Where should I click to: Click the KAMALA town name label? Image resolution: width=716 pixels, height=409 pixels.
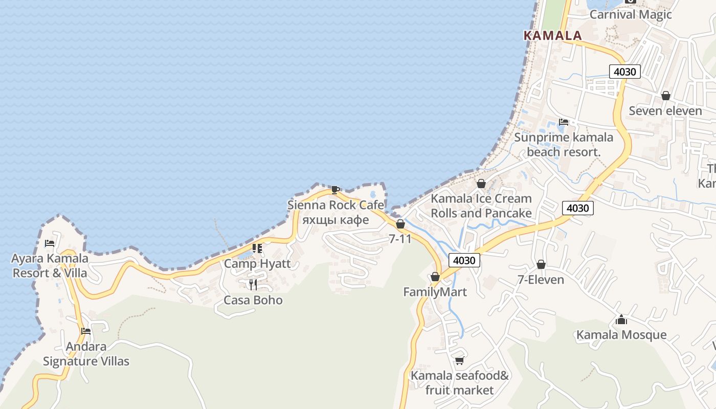552,35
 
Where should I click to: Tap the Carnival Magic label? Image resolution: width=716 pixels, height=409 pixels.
630,14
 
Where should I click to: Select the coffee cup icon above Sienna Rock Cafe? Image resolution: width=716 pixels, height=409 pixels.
335,190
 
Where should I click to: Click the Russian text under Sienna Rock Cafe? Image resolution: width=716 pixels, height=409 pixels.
335,220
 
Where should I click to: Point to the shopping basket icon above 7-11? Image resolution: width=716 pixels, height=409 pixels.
400,224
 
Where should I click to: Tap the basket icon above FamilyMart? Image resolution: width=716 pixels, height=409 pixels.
435,277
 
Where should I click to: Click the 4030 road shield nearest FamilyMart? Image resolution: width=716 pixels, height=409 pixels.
464,260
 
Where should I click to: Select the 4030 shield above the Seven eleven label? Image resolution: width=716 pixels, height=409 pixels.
624,72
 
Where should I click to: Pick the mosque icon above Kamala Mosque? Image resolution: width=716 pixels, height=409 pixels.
621,320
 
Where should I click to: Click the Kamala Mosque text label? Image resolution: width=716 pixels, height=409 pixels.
621,335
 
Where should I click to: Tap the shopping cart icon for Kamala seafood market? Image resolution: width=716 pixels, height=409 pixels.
459,361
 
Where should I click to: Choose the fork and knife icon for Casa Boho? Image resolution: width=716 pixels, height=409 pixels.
253,284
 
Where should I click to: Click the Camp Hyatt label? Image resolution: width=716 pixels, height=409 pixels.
257,264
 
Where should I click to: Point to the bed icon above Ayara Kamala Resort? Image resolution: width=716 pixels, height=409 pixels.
50,243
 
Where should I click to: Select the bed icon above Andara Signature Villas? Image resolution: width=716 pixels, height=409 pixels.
86,331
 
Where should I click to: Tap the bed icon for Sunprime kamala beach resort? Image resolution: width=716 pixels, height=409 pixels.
564,122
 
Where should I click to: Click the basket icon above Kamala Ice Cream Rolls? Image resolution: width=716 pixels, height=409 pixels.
481,184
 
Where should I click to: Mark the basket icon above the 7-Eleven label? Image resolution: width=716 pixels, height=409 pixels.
541,264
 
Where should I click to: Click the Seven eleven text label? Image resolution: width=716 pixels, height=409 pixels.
665,111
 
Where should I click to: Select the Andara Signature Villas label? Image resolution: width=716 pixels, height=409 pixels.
86,354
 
